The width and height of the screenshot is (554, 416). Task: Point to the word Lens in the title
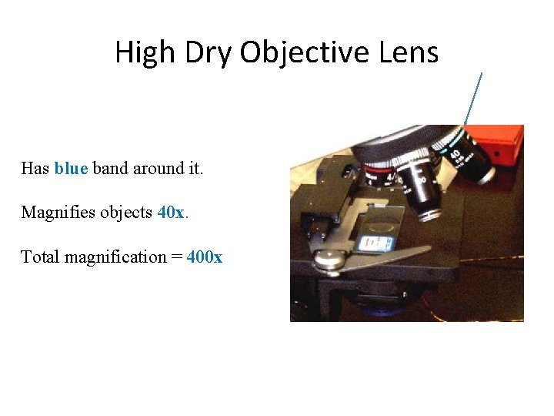(409, 52)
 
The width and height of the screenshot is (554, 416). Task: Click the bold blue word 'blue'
(72, 168)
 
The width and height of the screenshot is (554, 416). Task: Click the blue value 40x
(172, 212)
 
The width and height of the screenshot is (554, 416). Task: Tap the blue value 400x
(205, 257)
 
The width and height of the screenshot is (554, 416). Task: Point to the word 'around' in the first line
(159, 168)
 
